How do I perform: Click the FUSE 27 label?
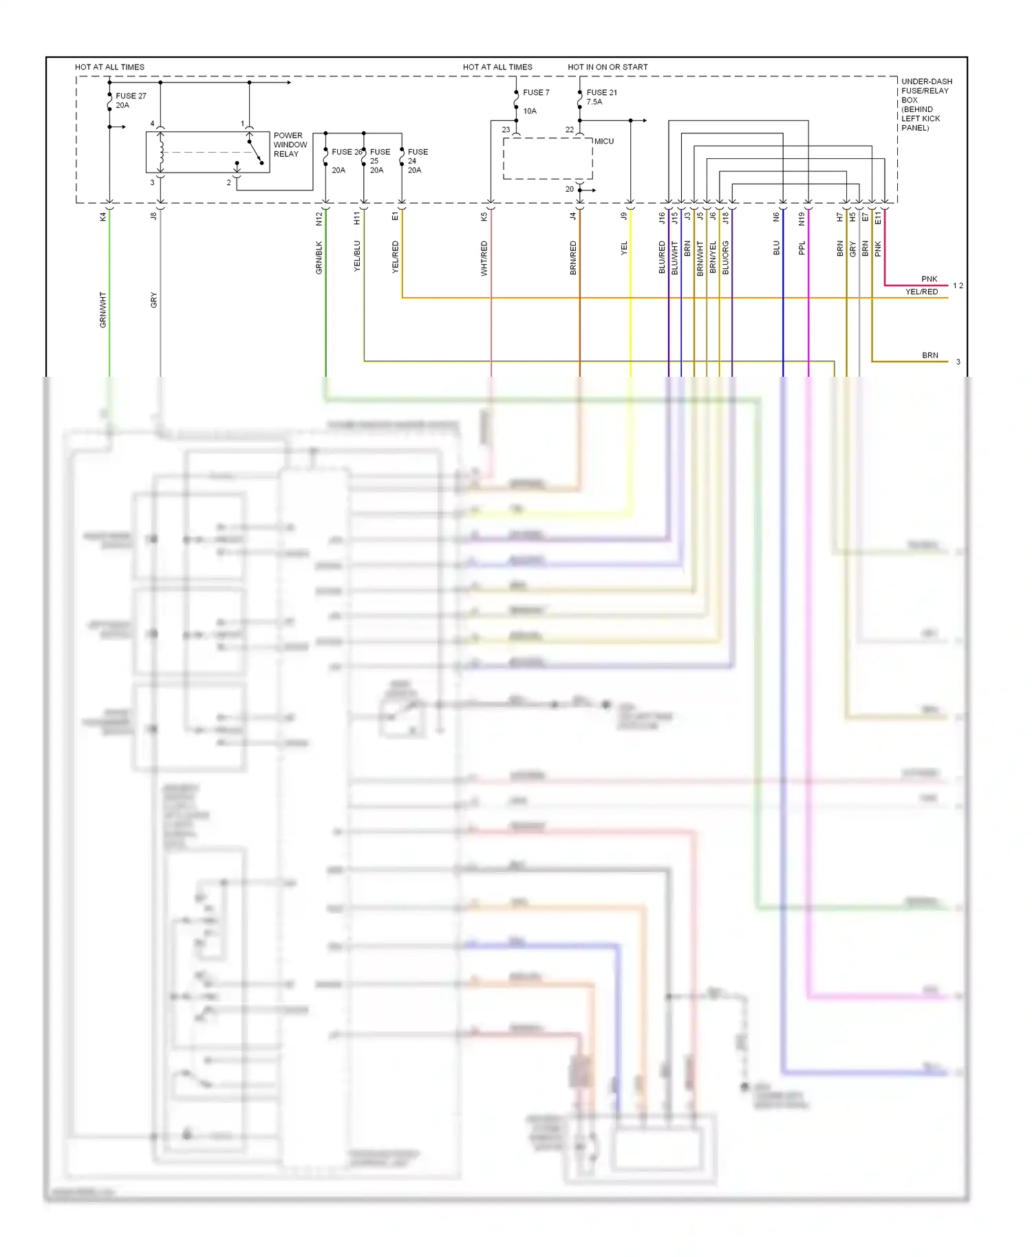[x=131, y=96]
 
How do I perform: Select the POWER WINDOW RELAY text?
[x=290, y=145]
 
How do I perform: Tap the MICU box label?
[x=604, y=142]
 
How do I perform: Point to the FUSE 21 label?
[x=601, y=93]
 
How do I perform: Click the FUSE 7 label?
[x=536, y=93]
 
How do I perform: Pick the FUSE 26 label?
[x=346, y=152]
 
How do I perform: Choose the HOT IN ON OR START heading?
[x=608, y=67]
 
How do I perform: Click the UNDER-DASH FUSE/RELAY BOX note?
[x=926, y=105]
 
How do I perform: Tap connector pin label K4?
[x=103, y=217]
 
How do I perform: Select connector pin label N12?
[x=319, y=219]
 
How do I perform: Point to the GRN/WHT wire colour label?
[x=103, y=309]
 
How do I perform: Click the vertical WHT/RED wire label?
[x=484, y=259]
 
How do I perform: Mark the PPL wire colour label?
[x=802, y=248]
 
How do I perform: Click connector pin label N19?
[x=802, y=219]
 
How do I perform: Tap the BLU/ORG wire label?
[x=726, y=258]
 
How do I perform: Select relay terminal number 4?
[x=153, y=124]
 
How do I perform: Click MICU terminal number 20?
[x=570, y=189]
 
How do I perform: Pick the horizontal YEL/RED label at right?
[x=921, y=292]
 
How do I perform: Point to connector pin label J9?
[x=624, y=216]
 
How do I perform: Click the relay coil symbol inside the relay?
[x=161, y=152]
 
